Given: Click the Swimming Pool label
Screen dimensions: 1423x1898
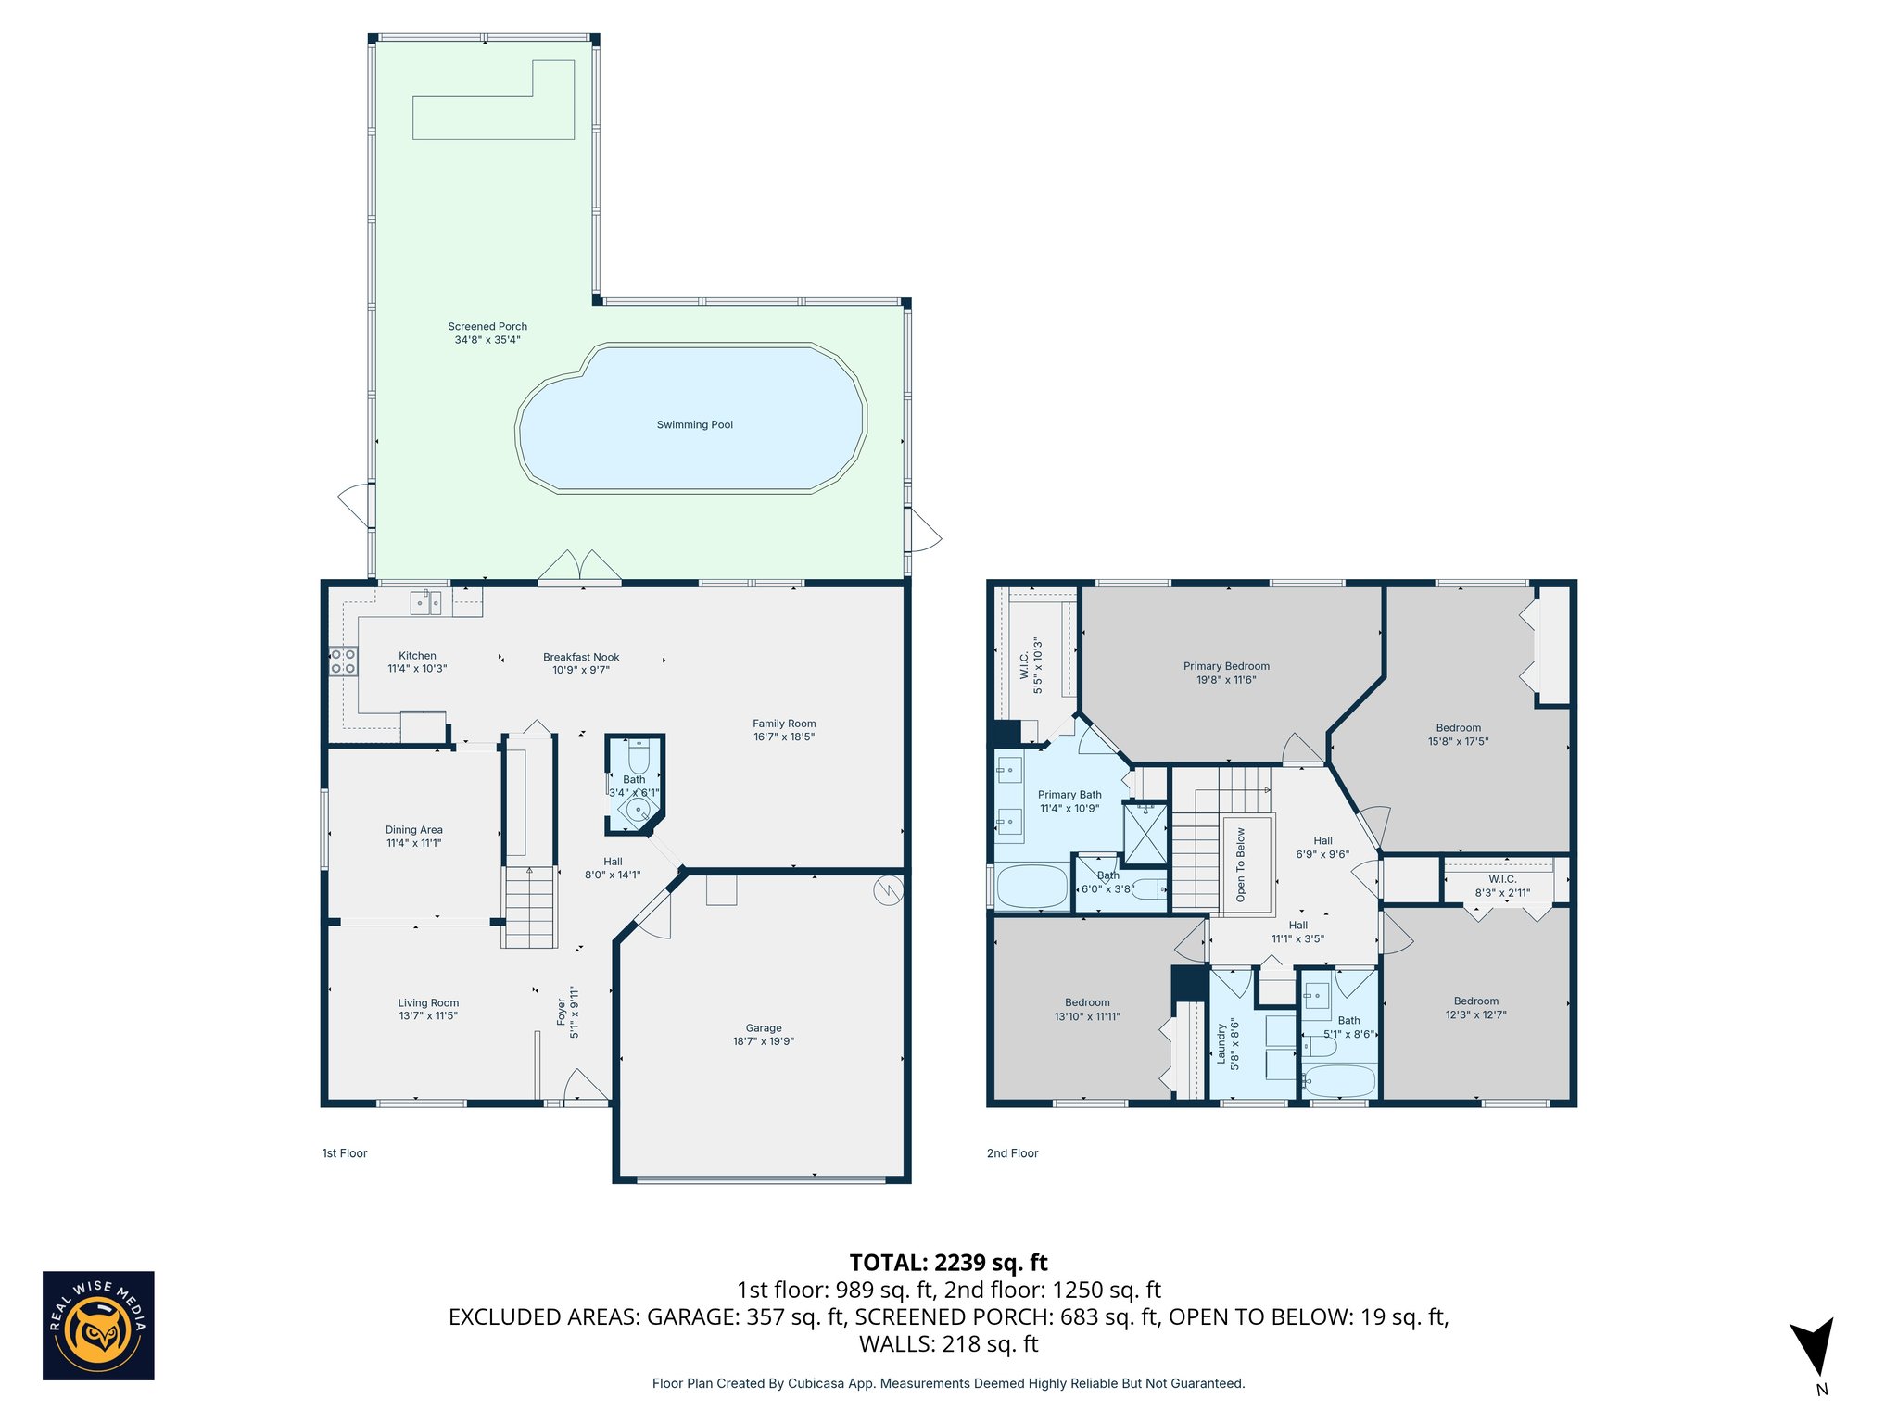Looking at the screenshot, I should pyautogui.click(x=694, y=424).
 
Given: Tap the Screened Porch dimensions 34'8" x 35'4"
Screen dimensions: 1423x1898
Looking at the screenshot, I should pyautogui.click(x=487, y=340).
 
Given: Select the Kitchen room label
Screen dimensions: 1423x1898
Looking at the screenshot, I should pyautogui.click(x=417, y=655).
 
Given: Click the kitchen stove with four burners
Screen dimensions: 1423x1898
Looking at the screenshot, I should pyautogui.click(x=343, y=661).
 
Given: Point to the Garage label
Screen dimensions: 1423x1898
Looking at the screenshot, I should pyautogui.click(x=764, y=1027).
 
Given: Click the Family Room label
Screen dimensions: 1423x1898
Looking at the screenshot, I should pyautogui.click(x=784, y=724).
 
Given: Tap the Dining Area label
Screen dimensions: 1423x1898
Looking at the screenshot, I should pyautogui.click(x=413, y=829).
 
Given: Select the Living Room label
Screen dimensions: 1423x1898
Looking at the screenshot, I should pyautogui.click(x=428, y=1002).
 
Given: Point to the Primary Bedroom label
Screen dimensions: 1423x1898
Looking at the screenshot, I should pyautogui.click(x=1226, y=666).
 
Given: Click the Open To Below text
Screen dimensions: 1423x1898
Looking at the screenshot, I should pyautogui.click(x=1241, y=864).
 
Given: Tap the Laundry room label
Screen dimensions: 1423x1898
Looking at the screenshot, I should pyautogui.click(x=1221, y=1045).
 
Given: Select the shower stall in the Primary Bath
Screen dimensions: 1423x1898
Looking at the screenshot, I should pyautogui.click(x=1145, y=833).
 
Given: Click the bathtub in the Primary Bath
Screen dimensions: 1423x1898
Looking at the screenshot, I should pyautogui.click(x=1032, y=887).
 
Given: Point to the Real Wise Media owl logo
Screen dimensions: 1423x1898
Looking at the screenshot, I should pyautogui.click(x=98, y=1325).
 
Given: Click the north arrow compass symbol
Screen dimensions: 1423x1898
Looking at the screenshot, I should pyautogui.click(x=1813, y=1346).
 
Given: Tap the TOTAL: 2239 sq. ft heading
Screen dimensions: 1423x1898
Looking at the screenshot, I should pyautogui.click(x=948, y=1263).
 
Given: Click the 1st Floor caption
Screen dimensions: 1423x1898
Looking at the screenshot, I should pyautogui.click(x=345, y=1153).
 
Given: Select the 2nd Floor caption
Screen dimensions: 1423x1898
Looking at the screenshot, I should pyautogui.click(x=1012, y=1153).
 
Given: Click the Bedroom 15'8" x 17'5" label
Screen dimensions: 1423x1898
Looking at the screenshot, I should pyautogui.click(x=1458, y=727).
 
